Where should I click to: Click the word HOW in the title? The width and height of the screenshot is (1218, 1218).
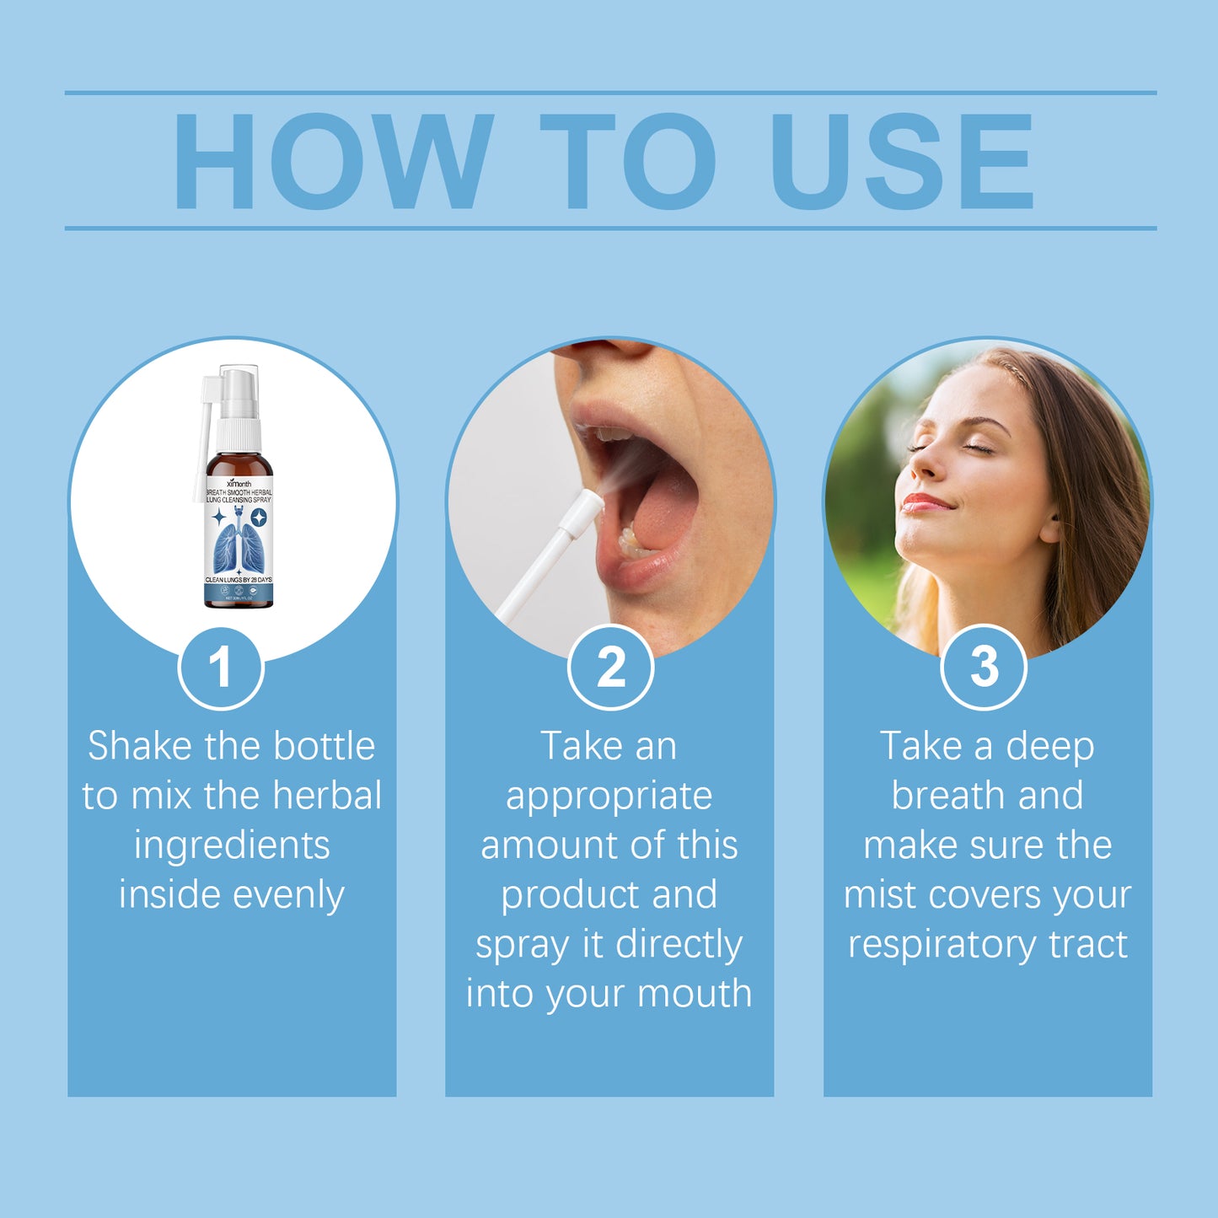pos(332,160)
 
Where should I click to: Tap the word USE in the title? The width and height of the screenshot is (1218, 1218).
pos(901,160)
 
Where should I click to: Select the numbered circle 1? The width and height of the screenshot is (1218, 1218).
pos(221,668)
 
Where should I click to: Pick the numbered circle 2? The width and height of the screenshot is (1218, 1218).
pos(610,668)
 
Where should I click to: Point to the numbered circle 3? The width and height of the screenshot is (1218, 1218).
pos(984,667)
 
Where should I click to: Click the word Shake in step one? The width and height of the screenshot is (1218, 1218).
pos(140,746)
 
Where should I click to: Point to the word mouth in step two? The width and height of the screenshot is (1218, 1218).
pos(695,994)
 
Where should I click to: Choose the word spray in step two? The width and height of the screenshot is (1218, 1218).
pos(523,946)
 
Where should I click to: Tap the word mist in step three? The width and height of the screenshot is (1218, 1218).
pos(879,895)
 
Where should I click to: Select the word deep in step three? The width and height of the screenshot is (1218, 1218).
pos(1049,747)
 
